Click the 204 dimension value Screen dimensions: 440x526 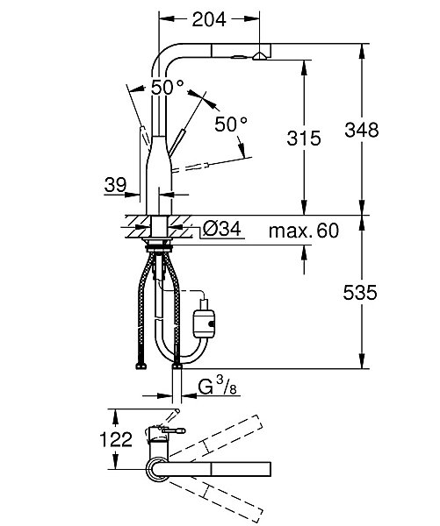(209, 19)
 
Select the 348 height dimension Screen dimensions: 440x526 (361, 130)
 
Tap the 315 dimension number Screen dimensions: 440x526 (304, 138)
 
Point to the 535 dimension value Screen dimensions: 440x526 (360, 293)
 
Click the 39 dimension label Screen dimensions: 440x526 (115, 185)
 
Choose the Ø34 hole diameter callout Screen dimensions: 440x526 (222, 230)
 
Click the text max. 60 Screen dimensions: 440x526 (304, 231)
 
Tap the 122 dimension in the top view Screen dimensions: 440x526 (116, 439)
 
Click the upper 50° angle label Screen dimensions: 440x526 (167, 87)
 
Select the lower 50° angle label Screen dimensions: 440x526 (231, 124)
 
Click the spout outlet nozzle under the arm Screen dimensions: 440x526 (259, 56)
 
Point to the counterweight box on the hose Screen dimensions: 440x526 (204, 323)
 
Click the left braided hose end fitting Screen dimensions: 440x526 (141, 366)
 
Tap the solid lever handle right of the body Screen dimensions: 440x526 (177, 143)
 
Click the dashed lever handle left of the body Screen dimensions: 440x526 (144, 137)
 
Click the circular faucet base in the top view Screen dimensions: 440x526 (156, 469)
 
